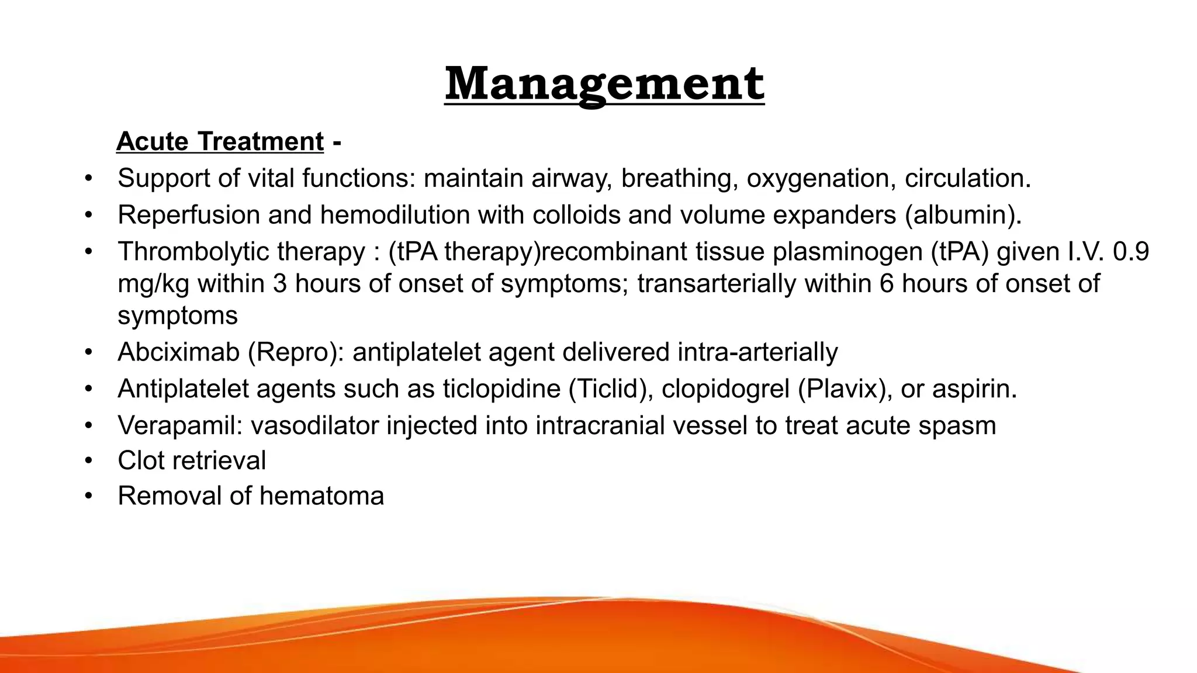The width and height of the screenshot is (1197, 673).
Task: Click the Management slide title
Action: [604, 85]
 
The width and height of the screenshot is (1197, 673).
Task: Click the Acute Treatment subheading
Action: [220, 142]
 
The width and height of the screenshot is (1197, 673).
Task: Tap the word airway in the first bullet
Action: [570, 179]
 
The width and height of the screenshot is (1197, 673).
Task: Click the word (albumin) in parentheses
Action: [963, 215]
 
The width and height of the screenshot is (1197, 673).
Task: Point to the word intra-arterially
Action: [757, 352]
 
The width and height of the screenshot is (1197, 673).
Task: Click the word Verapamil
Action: [179, 425]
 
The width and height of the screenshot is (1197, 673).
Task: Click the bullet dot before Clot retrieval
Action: [88, 461]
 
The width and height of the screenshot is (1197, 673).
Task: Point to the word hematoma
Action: [321, 497]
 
